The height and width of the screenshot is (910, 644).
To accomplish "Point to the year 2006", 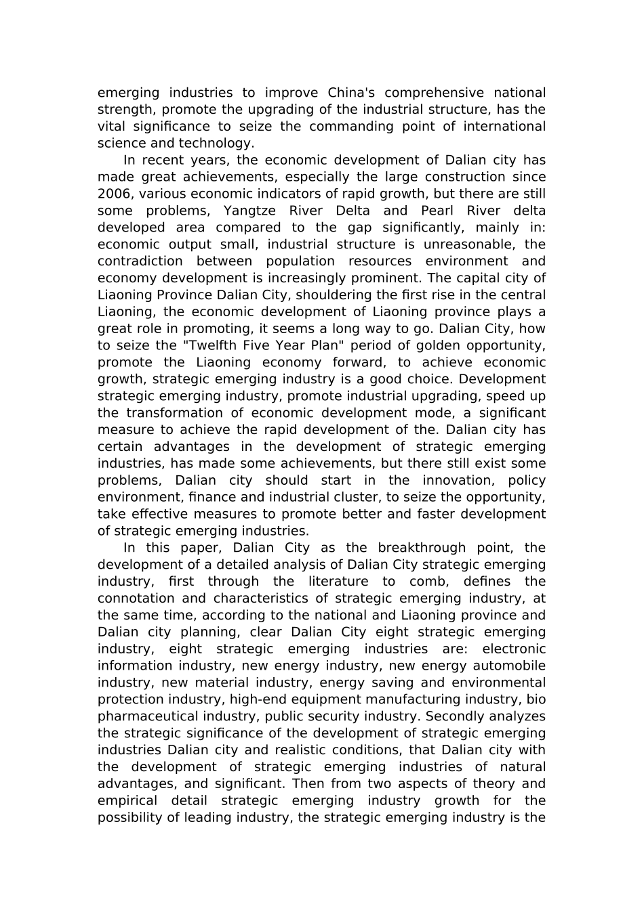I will [x=113, y=194].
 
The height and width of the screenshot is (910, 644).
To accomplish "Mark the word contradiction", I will [x=140, y=261].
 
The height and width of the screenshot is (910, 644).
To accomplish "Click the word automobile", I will [x=508, y=666].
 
